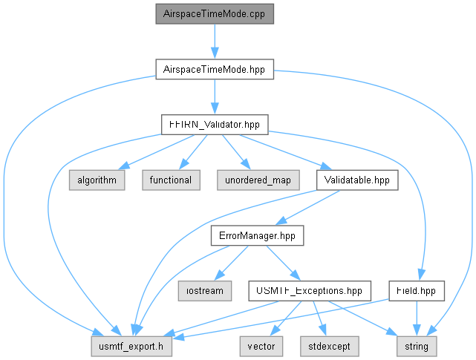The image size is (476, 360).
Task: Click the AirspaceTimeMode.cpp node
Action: click(x=215, y=14)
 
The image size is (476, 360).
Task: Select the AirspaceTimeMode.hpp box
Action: click(x=215, y=70)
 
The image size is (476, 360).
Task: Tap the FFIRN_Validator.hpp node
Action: click(x=215, y=125)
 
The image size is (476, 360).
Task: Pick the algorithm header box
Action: click(x=97, y=180)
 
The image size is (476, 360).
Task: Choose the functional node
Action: click(x=171, y=180)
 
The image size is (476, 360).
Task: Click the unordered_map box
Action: click(x=258, y=180)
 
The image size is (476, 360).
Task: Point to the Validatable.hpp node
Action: click(x=357, y=180)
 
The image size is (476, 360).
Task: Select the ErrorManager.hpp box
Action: click(x=257, y=235)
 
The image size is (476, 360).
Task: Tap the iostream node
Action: click(x=205, y=291)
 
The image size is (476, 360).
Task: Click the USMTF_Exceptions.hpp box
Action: click(x=310, y=291)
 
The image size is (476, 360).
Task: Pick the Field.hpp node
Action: click(x=417, y=291)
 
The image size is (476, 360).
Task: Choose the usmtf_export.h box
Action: click(x=131, y=347)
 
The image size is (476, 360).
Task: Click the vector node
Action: click(x=261, y=347)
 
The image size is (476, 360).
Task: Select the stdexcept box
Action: click(x=330, y=347)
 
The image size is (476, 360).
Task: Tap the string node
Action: click(x=417, y=347)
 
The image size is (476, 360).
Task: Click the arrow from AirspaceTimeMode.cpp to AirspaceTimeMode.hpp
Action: click(x=215, y=42)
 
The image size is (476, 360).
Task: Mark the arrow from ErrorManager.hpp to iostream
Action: click(x=232, y=263)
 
